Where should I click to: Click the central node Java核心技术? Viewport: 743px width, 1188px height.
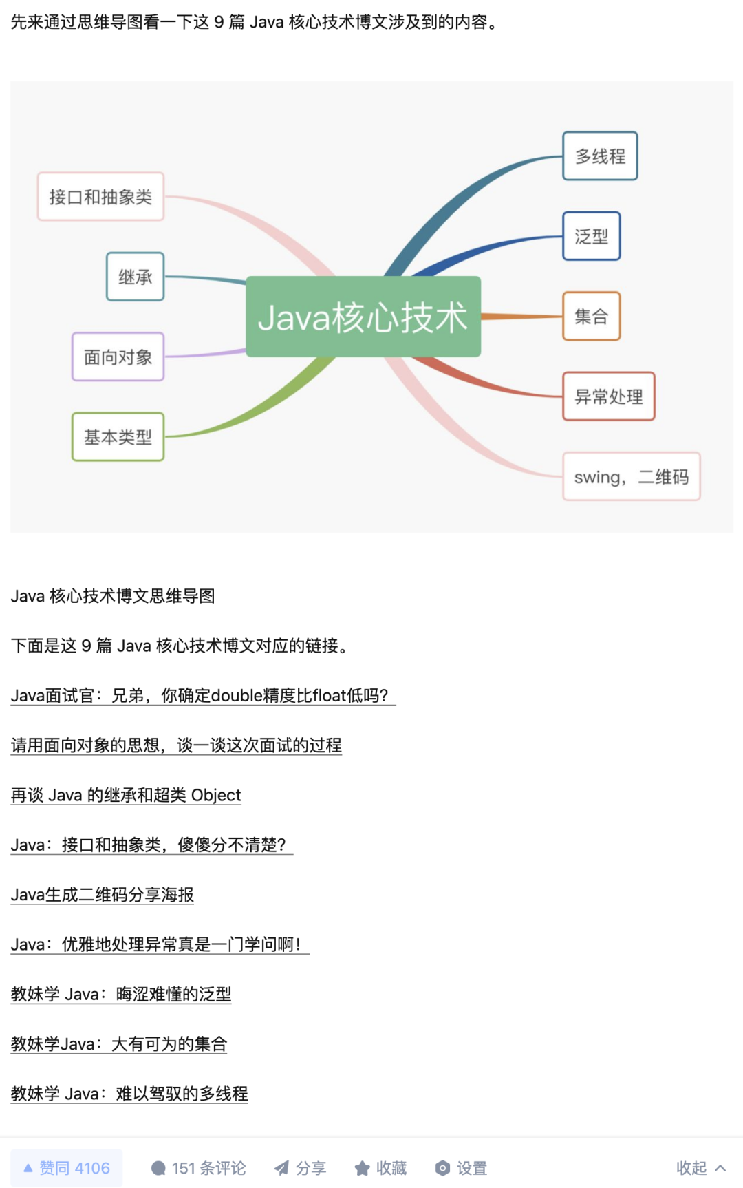point(363,317)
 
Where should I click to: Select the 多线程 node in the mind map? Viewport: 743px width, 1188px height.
point(600,156)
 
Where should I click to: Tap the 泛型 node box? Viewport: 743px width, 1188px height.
point(592,236)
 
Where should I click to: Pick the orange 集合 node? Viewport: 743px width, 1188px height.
point(592,317)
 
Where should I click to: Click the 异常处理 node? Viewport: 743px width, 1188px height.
point(609,396)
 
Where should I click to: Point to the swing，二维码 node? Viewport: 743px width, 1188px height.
point(631,476)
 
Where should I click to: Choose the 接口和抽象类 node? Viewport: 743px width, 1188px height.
point(100,197)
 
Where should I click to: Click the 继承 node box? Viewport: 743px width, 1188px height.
point(135,277)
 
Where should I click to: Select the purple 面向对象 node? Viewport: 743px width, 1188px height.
point(118,357)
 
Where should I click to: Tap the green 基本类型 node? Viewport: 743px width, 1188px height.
point(118,437)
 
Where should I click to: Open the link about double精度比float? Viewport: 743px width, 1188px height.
point(203,696)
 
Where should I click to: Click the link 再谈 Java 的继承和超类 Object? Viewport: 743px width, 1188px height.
point(126,795)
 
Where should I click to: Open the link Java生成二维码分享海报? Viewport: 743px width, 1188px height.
point(103,895)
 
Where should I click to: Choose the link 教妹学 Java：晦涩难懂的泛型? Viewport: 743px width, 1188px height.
point(121,994)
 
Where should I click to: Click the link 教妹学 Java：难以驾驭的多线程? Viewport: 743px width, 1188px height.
point(129,1094)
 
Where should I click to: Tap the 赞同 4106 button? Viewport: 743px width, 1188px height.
point(67,1168)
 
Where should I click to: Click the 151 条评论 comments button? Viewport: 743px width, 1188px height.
point(198,1168)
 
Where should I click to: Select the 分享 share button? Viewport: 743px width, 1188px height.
point(300,1168)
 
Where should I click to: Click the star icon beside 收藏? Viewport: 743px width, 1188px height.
point(362,1168)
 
